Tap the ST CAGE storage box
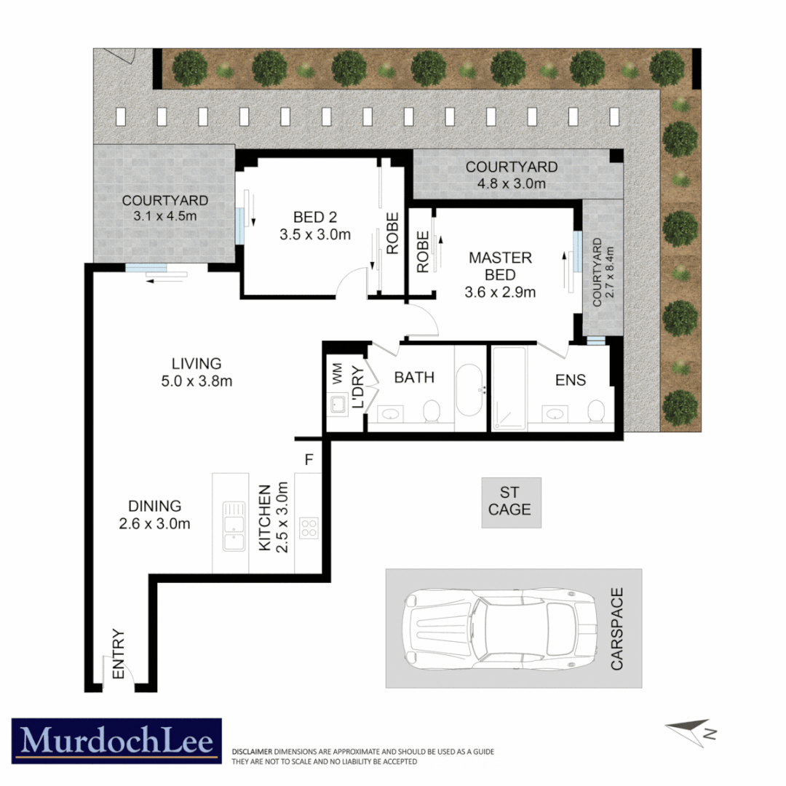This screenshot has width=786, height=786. click(x=509, y=502)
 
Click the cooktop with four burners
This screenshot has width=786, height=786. click(x=309, y=527)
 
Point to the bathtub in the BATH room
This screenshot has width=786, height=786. click(x=469, y=390)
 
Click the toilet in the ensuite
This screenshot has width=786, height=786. click(x=596, y=411)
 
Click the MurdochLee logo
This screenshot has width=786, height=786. click(x=116, y=741)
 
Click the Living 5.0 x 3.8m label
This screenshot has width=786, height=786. click(x=196, y=372)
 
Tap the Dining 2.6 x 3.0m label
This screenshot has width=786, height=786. click(x=154, y=515)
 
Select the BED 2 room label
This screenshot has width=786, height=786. click(x=314, y=225)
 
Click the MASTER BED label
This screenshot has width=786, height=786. click(x=500, y=275)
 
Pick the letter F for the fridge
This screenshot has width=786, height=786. click(x=309, y=460)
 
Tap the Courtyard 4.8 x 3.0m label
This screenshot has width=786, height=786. click(x=512, y=175)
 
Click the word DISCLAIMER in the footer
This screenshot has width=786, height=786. click(x=252, y=751)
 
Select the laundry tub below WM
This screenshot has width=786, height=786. click(x=338, y=404)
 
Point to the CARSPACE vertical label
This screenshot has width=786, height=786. click(x=617, y=629)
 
